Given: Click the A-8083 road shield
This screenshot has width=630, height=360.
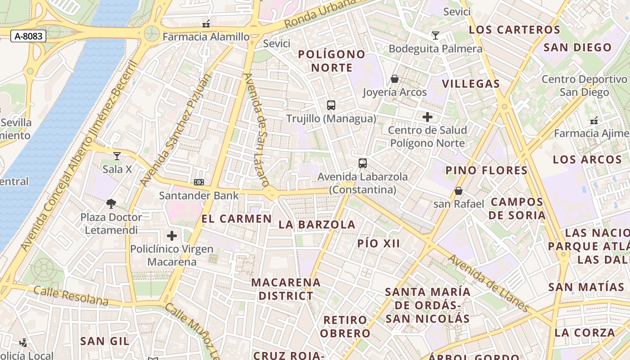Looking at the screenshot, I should pos(28,36).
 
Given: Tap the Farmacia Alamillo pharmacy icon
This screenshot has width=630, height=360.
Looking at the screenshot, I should pos(206,23).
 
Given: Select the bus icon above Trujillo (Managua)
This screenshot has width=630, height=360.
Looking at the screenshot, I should pos(331,105).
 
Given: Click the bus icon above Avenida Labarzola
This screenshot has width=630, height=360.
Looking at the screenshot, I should pos(363,163).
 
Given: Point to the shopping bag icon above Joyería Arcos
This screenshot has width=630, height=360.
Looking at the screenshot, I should pos(395,79).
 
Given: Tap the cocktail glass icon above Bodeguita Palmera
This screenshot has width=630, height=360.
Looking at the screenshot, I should pos(435,35).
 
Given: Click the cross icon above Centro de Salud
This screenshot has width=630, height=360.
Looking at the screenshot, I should pos(427,117).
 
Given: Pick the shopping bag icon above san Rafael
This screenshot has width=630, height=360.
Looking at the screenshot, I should pos(459,191).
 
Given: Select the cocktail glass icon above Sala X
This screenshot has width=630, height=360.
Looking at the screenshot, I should pos(117,156).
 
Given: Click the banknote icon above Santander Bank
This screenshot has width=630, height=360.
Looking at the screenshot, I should pos(199,182).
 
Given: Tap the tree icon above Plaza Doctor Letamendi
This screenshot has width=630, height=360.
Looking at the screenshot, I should pos(111,204).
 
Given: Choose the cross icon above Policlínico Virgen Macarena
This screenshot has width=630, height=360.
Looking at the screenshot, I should pos(172,236).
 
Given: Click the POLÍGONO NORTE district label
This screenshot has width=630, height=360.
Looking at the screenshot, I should pos(332,61).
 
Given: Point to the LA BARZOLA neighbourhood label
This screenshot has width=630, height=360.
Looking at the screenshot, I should pos(317,225).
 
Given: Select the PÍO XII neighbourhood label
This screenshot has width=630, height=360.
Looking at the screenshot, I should pos(378,243).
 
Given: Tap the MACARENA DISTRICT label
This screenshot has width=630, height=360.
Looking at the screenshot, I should pos(286,289).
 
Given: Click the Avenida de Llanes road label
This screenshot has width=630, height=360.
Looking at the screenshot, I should pos(488,283).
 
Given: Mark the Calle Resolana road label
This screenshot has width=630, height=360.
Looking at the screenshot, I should pos(71,296).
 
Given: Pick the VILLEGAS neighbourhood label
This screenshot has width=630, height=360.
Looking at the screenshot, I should pos(471,84).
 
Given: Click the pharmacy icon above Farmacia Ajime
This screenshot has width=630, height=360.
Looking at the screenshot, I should pos(594,120).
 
